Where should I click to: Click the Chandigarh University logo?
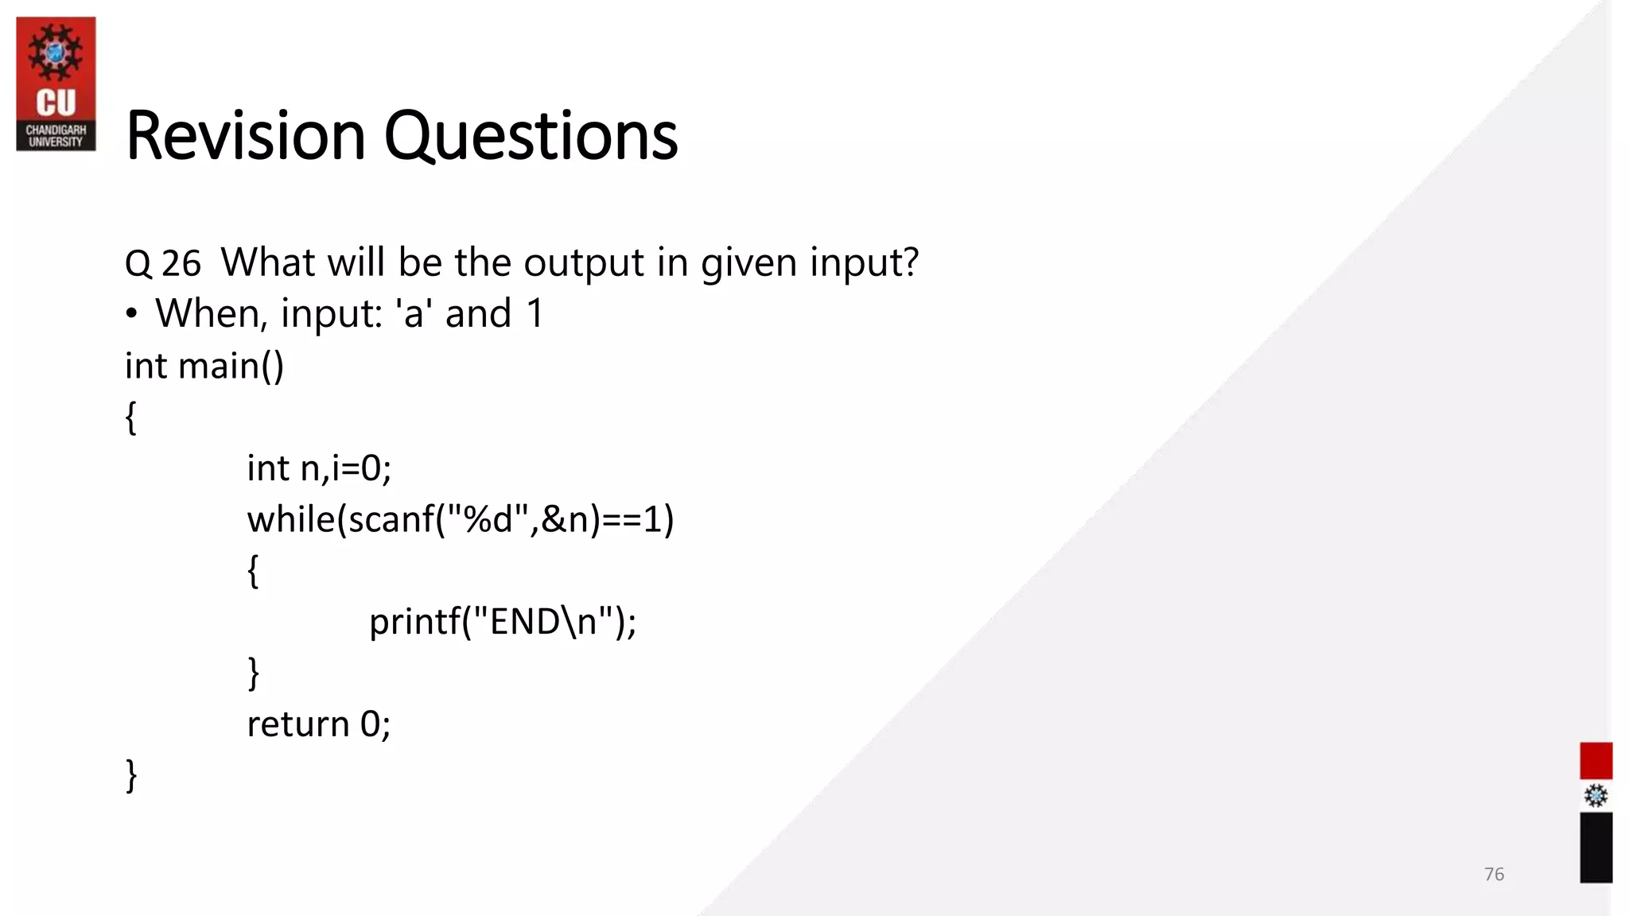pyautogui.click(x=56, y=83)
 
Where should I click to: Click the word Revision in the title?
pyautogui.click(x=245, y=136)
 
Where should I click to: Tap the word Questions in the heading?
pyautogui.click(x=531, y=136)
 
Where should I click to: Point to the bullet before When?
pyautogui.click(x=131, y=314)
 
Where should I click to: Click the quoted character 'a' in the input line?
pyautogui.click(x=413, y=313)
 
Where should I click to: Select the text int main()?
pyautogui.click(x=204, y=366)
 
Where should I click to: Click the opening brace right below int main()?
pyautogui.click(x=131, y=417)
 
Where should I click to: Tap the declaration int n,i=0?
pyautogui.click(x=319, y=468)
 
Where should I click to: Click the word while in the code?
pyautogui.click(x=291, y=519)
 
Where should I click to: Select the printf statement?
pyautogui.click(x=503, y=621)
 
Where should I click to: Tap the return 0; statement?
pyautogui.click(x=319, y=724)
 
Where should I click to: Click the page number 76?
pyautogui.click(x=1494, y=874)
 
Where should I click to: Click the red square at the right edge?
pyautogui.click(x=1596, y=761)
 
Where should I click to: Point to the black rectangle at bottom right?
pyautogui.click(x=1596, y=847)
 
